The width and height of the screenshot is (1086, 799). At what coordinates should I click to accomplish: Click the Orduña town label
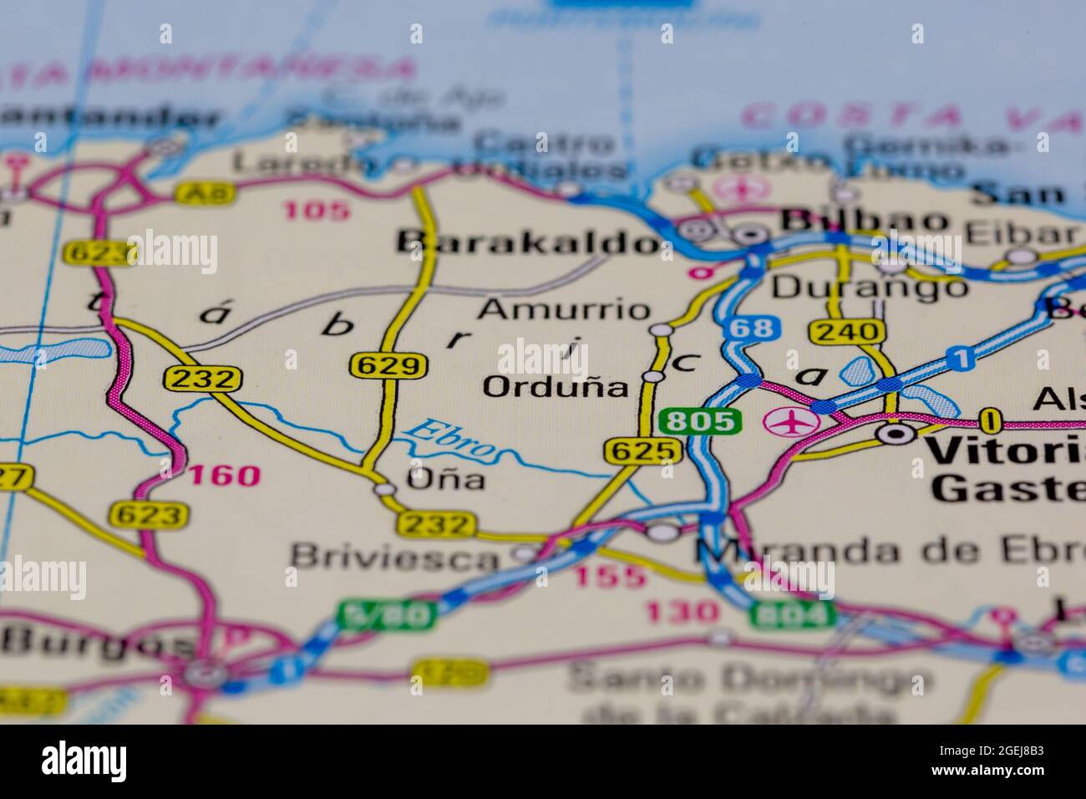(x=556, y=387)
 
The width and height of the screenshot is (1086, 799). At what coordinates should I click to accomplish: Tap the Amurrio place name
(x=564, y=309)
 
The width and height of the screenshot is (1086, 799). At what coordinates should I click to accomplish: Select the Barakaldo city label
(x=528, y=242)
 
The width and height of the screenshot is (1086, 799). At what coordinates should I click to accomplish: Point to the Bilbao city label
(x=865, y=221)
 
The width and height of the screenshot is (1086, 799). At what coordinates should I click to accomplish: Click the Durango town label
(x=869, y=288)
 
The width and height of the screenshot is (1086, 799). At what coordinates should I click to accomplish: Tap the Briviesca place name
(x=393, y=556)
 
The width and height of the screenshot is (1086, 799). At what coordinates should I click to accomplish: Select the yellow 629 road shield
(x=388, y=365)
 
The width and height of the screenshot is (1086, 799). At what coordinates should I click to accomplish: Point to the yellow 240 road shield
(x=847, y=332)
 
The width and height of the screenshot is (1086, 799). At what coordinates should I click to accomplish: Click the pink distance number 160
(x=224, y=476)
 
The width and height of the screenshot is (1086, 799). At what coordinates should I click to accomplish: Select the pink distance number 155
(x=611, y=576)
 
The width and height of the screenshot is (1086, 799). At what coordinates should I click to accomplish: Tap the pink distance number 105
(x=317, y=210)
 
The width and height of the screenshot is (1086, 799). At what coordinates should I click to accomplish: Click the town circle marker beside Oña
(x=384, y=489)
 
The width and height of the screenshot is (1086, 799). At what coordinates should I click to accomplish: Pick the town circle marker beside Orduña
(x=653, y=378)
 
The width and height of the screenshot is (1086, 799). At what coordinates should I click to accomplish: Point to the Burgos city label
(x=96, y=641)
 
